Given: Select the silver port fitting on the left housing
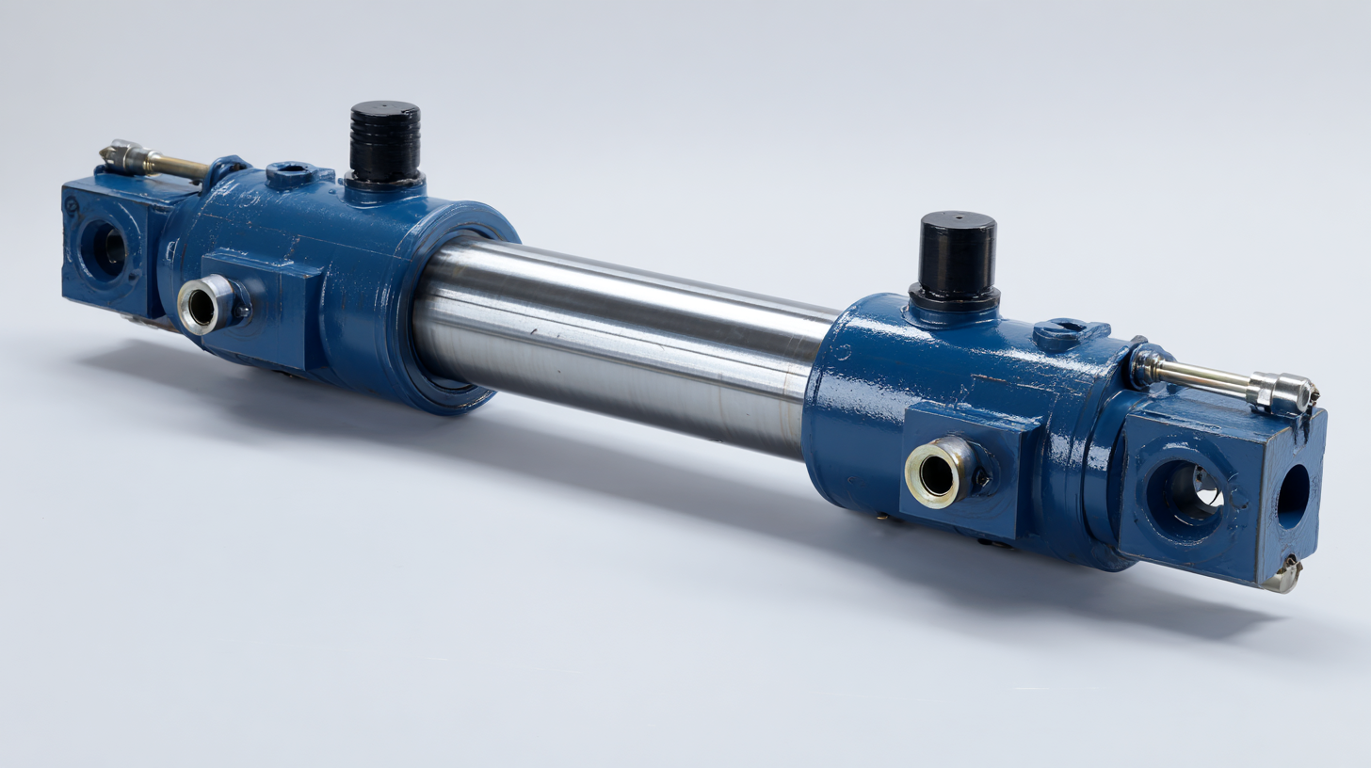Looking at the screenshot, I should pyautogui.click(x=201, y=306).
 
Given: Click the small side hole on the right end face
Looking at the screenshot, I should pyautogui.click(x=1292, y=496).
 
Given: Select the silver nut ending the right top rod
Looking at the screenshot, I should pyautogui.click(x=1282, y=392).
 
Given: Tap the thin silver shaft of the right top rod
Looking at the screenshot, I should pyautogui.click(x=1205, y=377).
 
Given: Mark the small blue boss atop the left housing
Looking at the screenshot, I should pyautogui.click(x=291, y=172).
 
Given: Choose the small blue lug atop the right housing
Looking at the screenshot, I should pyautogui.click(x=1070, y=332).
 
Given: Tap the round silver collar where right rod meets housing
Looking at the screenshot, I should pyautogui.click(x=1147, y=365).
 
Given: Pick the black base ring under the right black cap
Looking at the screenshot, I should pyautogui.click(x=953, y=297).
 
